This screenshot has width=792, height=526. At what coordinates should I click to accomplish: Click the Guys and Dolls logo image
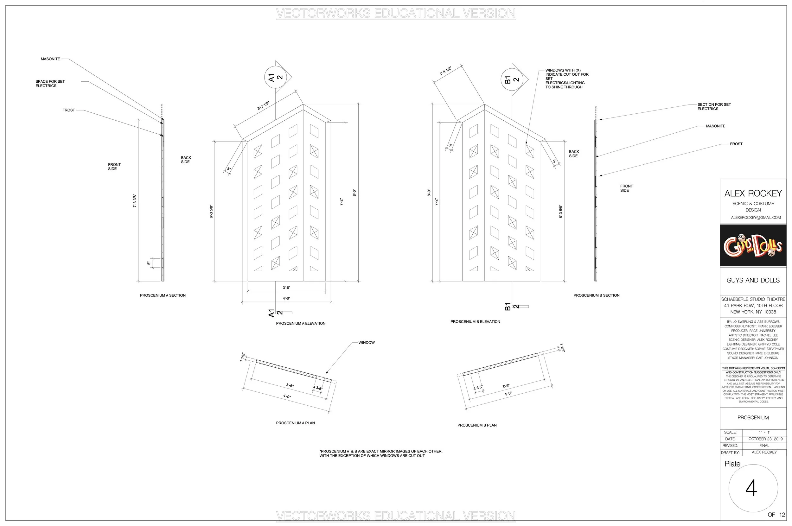[753, 245]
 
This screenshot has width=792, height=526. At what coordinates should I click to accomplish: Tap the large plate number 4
[751, 488]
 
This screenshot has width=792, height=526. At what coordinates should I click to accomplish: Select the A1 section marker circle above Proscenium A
[276, 78]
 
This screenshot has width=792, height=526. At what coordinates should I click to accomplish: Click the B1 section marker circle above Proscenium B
[512, 79]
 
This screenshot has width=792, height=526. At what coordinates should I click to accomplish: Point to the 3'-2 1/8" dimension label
[263, 105]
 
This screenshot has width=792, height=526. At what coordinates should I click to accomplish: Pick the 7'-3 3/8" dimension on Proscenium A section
[135, 200]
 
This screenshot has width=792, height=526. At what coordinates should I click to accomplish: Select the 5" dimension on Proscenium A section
[149, 263]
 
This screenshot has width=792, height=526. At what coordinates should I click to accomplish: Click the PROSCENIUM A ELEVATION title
[301, 323]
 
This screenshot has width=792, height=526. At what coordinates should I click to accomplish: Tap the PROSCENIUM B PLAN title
[477, 425]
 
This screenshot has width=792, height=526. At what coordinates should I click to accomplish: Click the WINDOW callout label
[367, 343]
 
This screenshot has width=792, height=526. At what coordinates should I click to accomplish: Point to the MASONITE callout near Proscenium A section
[50, 59]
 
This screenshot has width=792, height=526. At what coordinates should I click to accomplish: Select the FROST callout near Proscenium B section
[736, 144]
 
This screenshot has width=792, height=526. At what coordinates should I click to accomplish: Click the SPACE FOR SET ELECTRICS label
[50, 84]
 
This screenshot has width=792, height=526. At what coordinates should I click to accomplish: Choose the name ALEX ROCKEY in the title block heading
[753, 193]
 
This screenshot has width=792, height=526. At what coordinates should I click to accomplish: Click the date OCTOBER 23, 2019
[765, 439]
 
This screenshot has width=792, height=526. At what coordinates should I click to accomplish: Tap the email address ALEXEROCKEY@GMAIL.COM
[753, 217]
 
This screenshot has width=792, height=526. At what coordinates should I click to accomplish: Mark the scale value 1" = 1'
[764, 432]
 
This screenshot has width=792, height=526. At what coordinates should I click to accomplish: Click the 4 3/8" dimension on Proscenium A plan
[317, 388]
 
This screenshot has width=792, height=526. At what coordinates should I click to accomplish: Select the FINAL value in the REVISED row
[764, 446]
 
